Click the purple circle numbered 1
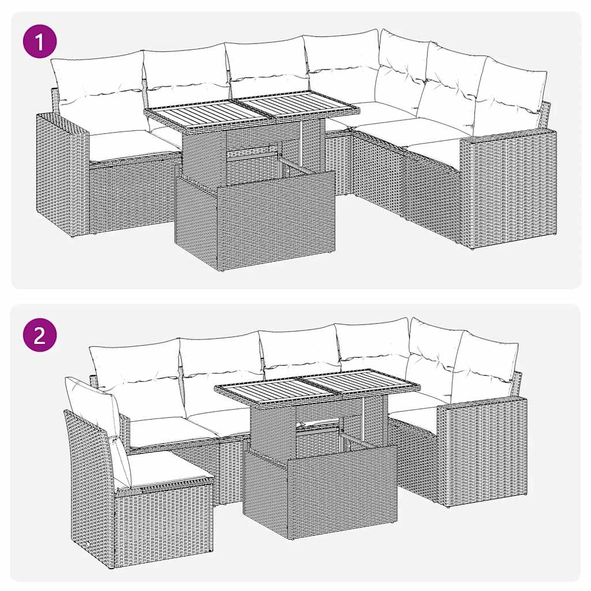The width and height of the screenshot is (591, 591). pos(40,43)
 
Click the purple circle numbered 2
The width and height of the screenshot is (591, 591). pos(40,335)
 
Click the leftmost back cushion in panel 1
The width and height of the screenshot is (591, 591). pos(98,84)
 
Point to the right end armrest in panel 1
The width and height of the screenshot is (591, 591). pos(508,188)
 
